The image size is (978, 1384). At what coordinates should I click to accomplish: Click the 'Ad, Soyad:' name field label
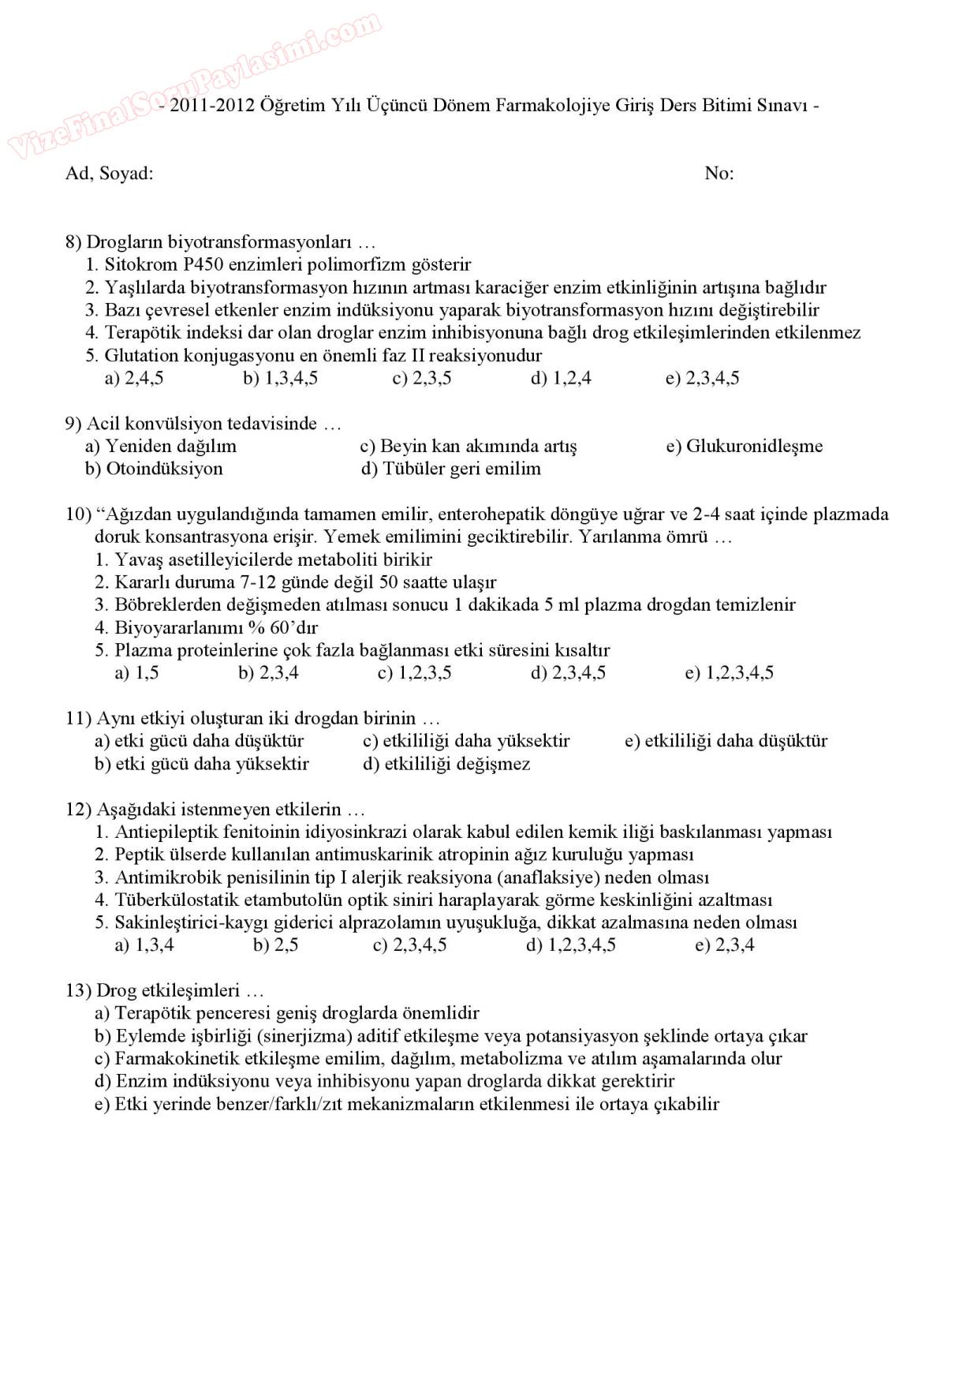pyautogui.click(x=109, y=174)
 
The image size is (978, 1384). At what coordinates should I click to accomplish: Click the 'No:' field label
pyautogui.click(x=719, y=174)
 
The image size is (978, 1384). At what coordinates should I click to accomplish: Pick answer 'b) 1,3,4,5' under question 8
pyautogui.click(x=280, y=378)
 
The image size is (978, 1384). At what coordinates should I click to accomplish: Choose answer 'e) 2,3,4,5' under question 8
pyautogui.click(x=702, y=378)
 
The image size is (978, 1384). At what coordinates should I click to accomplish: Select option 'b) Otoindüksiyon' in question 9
pyautogui.click(x=154, y=469)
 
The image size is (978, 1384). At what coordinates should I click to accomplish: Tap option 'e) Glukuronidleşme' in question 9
pyautogui.click(x=744, y=446)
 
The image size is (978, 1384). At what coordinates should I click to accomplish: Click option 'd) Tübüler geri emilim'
pyautogui.click(x=451, y=469)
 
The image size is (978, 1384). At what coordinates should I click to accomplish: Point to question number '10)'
pyautogui.click(x=78, y=514)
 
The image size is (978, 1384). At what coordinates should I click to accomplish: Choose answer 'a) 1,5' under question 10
pyautogui.click(x=136, y=673)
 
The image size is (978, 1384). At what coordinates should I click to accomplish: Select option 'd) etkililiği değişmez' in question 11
pyautogui.click(x=446, y=764)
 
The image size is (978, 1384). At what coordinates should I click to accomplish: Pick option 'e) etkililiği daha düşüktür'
pyautogui.click(x=726, y=741)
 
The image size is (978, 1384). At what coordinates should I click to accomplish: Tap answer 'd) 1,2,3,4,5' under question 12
pyautogui.click(x=570, y=945)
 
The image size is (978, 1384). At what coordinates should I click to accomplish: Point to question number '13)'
pyautogui.click(x=78, y=990)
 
